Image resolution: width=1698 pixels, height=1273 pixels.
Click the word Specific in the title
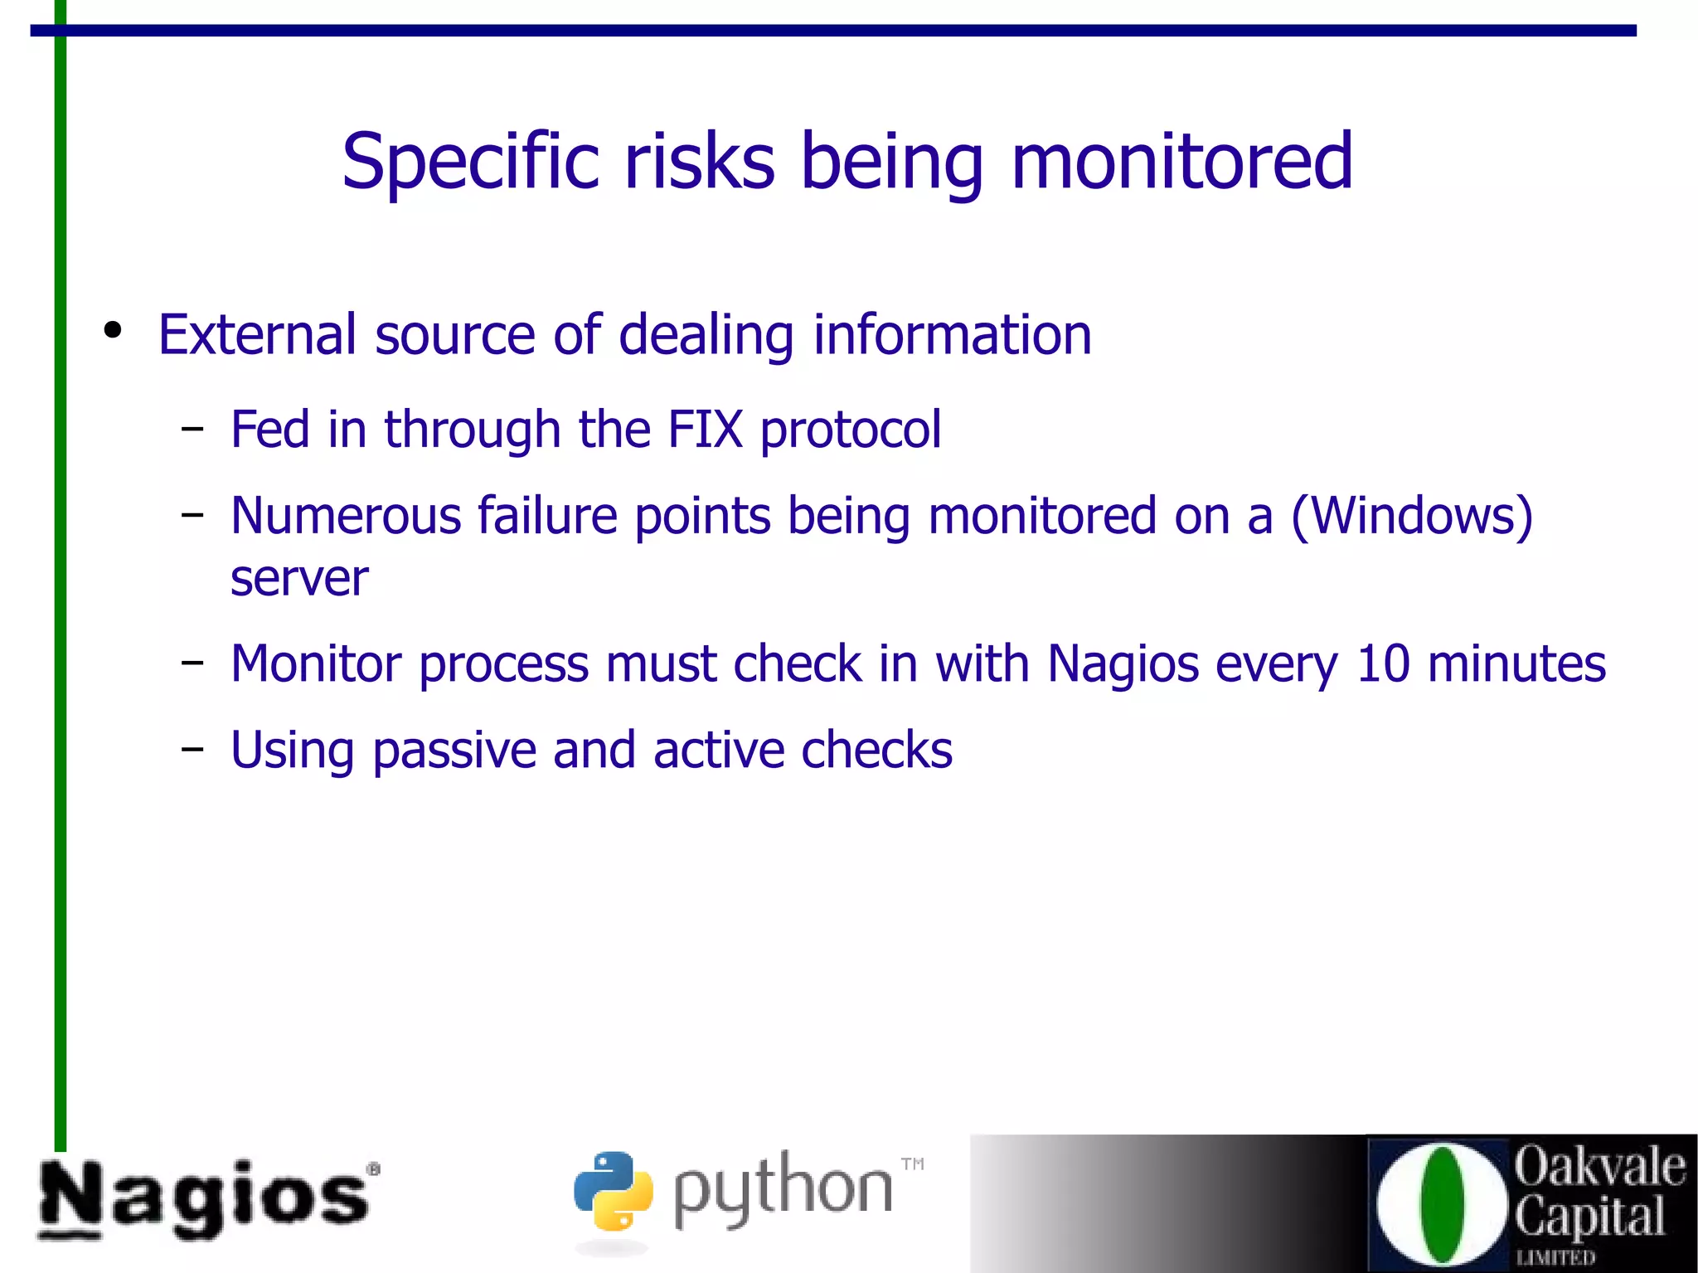point(470,162)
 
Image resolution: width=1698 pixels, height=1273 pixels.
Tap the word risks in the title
point(699,162)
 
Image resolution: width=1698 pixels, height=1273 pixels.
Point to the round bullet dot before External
point(113,330)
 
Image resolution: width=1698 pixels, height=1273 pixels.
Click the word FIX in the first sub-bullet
point(705,430)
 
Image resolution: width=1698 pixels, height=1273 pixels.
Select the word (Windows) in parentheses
point(1412,517)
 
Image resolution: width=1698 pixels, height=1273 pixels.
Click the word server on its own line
point(299,578)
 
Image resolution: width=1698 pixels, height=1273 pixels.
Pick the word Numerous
point(346,516)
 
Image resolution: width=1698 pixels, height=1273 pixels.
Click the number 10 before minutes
point(1383,664)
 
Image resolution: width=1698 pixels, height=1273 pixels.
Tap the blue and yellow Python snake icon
point(613,1190)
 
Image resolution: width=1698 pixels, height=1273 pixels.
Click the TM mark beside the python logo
point(912,1164)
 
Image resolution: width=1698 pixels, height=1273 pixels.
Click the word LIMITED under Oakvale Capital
point(1555,1257)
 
